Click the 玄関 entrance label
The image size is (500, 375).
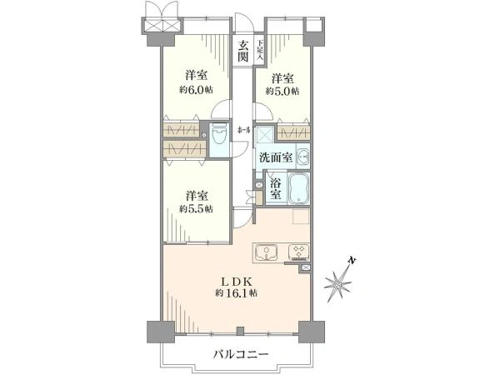(x=242, y=51)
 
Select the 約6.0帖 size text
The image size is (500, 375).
(x=194, y=88)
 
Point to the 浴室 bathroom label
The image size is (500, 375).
(x=276, y=187)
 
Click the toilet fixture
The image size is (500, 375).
(x=218, y=136)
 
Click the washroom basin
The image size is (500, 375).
(x=302, y=157)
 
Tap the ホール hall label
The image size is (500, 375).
(x=243, y=130)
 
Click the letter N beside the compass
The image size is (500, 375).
(x=354, y=262)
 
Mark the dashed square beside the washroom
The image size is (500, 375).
(x=264, y=135)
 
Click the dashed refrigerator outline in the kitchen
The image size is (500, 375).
(x=299, y=220)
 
